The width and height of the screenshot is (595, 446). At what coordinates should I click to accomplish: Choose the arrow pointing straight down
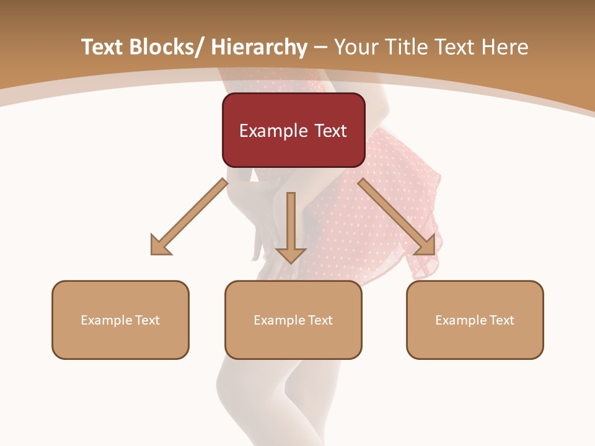point(291,226)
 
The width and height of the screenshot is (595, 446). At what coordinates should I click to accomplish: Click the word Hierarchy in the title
point(259,48)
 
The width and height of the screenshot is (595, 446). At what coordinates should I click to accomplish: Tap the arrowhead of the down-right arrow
point(426,245)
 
